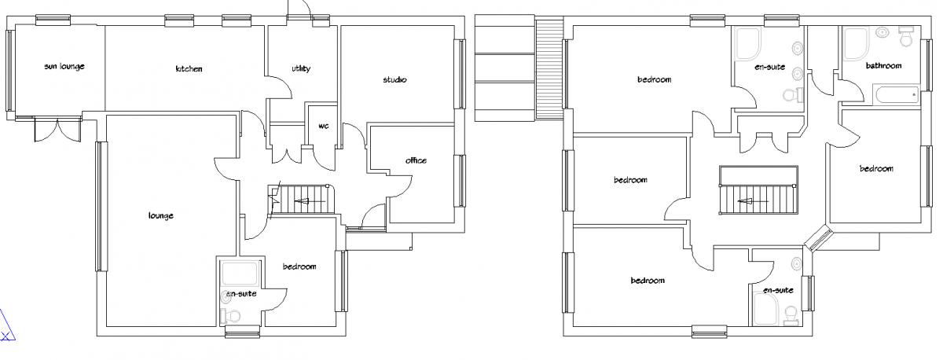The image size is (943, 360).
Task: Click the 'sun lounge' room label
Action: pyautogui.click(x=64, y=67)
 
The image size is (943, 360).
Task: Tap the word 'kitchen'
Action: pyautogui.click(x=189, y=68)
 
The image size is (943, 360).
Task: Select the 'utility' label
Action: pyautogui.click(x=301, y=68)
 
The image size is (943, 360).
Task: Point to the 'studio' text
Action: pyautogui.click(x=394, y=79)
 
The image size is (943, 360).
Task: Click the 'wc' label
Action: pyautogui.click(x=323, y=126)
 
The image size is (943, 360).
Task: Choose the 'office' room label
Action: pyautogui.click(x=416, y=160)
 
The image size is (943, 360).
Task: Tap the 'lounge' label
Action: pyautogui.click(x=161, y=216)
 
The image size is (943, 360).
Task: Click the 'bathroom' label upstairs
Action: pyautogui.click(x=883, y=66)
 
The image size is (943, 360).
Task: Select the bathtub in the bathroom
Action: pyautogui.click(x=897, y=94)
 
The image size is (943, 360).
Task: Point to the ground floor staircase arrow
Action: pyautogui.click(x=309, y=201)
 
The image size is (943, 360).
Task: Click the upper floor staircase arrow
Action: pyautogui.click(x=752, y=201)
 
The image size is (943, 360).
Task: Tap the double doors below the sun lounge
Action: pyautogui.click(x=57, y=130)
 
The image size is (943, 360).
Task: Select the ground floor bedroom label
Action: pyautogui.click(x=299, y=266)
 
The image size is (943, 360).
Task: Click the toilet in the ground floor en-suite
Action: pyautogui.click(x=231, y=315)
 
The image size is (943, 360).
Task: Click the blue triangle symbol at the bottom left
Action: pyautogui.click(x=6, y=325)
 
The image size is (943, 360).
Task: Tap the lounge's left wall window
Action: pyautogui.click(x=101, y=206)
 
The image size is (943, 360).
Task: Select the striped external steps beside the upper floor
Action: pyautogui.click(x=549, y=69)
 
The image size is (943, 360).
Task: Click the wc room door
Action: pyautogui.click(x=324, y=158)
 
